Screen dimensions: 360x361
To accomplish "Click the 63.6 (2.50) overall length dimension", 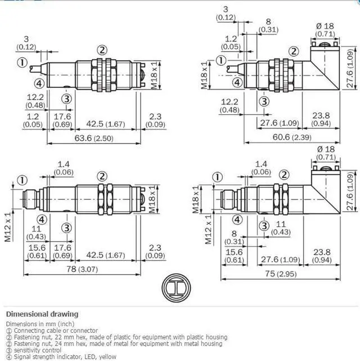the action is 94,138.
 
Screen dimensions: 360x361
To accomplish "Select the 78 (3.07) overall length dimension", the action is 82,269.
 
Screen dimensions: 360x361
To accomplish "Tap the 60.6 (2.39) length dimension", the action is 292,137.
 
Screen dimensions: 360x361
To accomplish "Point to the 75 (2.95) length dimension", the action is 281,274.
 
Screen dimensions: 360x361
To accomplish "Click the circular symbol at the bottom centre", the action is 176,288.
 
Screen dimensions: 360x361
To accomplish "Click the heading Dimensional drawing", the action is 42,314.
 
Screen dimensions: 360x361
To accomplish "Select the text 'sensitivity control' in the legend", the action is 38,350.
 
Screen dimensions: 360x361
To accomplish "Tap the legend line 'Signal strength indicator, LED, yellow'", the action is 65,357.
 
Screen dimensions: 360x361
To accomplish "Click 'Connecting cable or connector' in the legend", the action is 56,331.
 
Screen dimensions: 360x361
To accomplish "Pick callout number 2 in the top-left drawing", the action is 102,50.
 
